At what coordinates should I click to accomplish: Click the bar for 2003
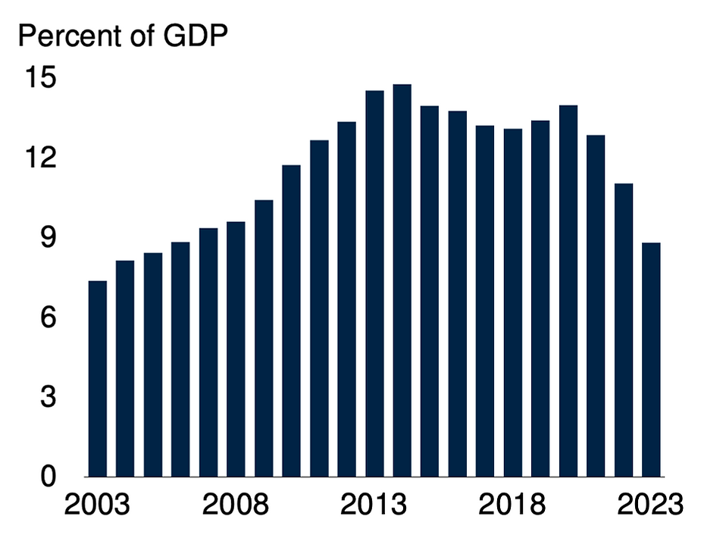98,379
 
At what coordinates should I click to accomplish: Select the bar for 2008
236,349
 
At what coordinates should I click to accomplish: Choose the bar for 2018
513,303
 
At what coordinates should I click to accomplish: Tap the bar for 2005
153,364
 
